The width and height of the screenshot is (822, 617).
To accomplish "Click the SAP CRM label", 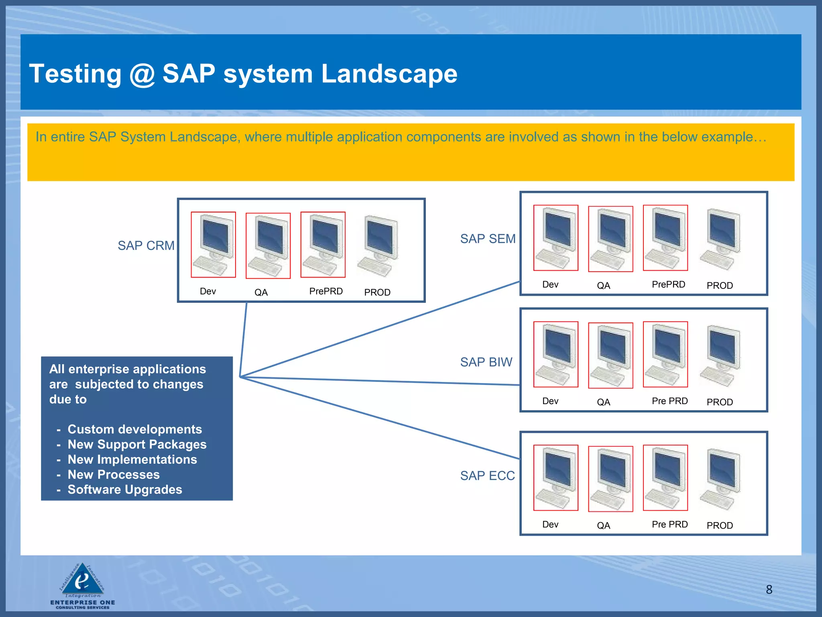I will (x=146, y=245).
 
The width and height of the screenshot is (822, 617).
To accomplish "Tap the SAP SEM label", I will (x=488, y=239).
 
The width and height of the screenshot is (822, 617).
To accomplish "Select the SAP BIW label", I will (x=486, y=362).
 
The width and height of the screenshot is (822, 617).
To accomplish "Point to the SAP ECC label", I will (x=487, y=476).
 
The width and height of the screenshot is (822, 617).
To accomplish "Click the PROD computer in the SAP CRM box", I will (x=378, y=246).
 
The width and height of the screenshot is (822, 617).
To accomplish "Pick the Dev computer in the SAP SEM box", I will (x=555, y=238).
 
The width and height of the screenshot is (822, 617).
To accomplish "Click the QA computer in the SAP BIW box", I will (x=610, y=355).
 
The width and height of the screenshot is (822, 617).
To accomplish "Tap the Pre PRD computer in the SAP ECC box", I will (x=665, y=478).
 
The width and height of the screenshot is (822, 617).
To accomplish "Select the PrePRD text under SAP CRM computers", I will (x=326, y=291).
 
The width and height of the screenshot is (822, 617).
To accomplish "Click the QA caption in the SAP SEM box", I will (x=603, y=286).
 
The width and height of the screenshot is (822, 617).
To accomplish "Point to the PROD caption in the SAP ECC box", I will (x=720, y=525).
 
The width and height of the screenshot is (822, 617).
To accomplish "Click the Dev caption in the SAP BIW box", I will (x=550, y=401).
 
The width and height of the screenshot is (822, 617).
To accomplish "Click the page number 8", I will (x=769, y=589).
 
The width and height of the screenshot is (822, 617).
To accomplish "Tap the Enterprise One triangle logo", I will (x=83, y=579).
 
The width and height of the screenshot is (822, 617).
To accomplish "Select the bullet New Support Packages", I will (x=137, y=444).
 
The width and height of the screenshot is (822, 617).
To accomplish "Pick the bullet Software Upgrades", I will (x=125, y=490).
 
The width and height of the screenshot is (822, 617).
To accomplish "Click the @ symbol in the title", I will (x=142, y=74).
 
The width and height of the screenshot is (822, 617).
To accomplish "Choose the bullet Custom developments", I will (x=134, y=429).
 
